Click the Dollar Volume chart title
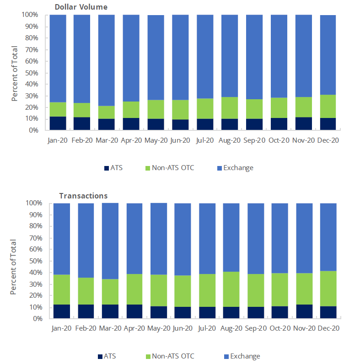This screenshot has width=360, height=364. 81,7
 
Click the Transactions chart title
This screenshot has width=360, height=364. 83,196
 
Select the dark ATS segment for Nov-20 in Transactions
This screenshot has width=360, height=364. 304,311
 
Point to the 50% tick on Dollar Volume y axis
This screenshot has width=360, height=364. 31,73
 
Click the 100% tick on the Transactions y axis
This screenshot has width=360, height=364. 32,203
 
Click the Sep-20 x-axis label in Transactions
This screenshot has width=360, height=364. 255,328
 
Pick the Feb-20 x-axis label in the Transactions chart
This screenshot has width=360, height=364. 86,328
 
